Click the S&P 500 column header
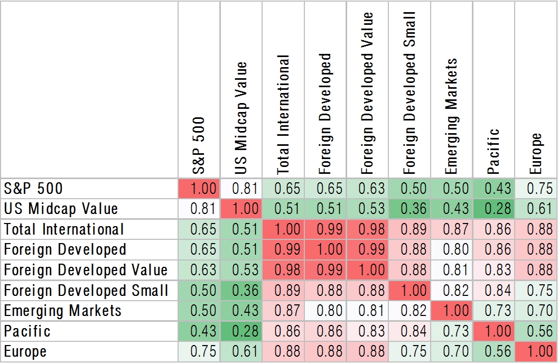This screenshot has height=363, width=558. [199, 145]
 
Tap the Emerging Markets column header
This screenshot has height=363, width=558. [451, 116]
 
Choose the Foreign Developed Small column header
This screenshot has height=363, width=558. [409, 93]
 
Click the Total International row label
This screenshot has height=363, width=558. [64, 229]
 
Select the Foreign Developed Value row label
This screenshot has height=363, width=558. [86, 270]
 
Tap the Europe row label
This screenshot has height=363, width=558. [25, 352]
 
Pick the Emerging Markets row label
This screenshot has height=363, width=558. [63, 311]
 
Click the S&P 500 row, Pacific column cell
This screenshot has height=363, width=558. [494, 189]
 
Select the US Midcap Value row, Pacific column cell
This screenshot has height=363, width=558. [494, 209]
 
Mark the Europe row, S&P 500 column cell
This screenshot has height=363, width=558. [199, 352]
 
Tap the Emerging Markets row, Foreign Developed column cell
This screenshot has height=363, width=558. [325, 311]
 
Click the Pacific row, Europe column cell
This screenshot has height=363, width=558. [536, 331]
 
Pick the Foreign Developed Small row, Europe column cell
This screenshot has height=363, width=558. [536, 291]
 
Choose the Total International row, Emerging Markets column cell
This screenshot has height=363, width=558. [451, 229]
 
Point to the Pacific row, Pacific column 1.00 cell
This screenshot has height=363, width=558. [494, 331]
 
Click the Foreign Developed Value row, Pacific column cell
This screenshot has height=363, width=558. [494, 270]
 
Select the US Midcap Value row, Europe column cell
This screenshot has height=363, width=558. [536, 209]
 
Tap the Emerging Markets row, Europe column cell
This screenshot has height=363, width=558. [536, 311]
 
